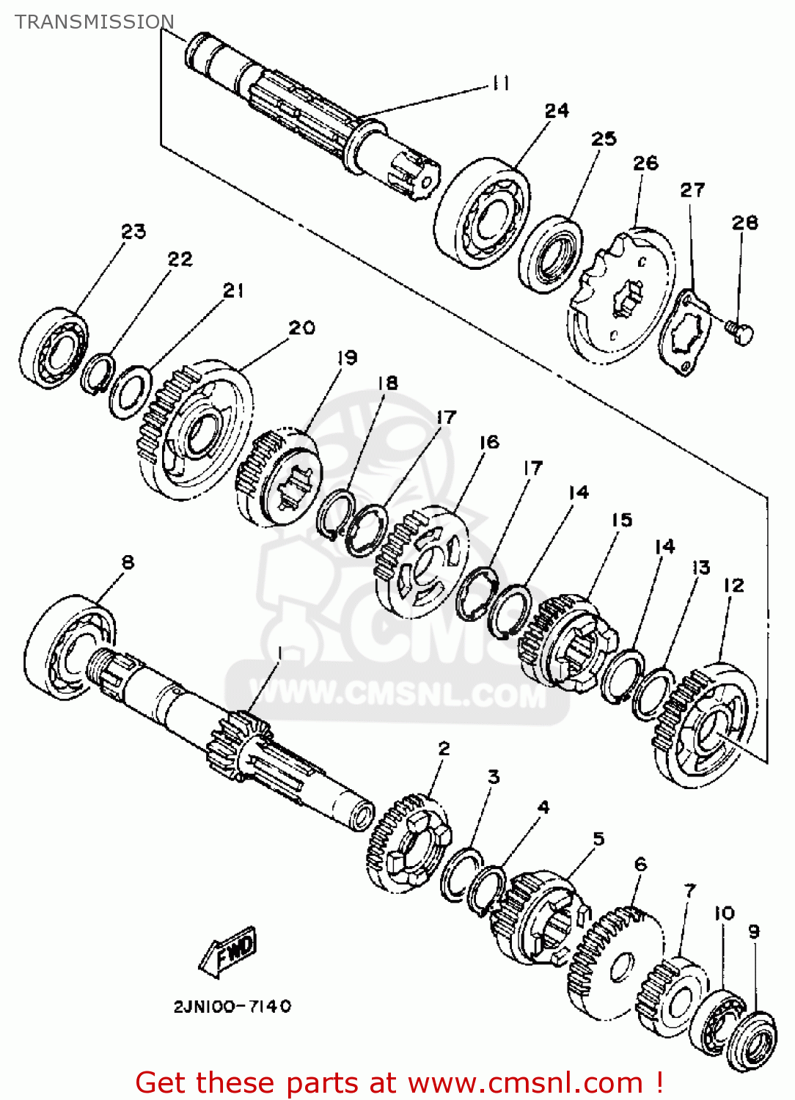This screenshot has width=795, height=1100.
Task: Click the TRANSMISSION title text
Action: tap(95, 22)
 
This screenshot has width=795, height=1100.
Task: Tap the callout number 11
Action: tap(501, 84)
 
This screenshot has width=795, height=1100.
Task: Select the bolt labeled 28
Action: tap(740, 333)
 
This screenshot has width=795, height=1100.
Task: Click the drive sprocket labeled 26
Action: tap(620, 298)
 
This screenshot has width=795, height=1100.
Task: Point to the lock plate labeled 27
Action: tap(686, 334)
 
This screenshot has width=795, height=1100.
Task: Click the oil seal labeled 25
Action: tap(551, 253)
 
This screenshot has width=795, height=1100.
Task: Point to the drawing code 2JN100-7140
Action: tap(232, 1007)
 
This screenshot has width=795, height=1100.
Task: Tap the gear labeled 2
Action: tap(408, 843)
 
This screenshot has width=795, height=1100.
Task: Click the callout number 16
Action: tap(489, 442)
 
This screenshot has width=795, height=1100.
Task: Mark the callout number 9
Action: tap(754, 931)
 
